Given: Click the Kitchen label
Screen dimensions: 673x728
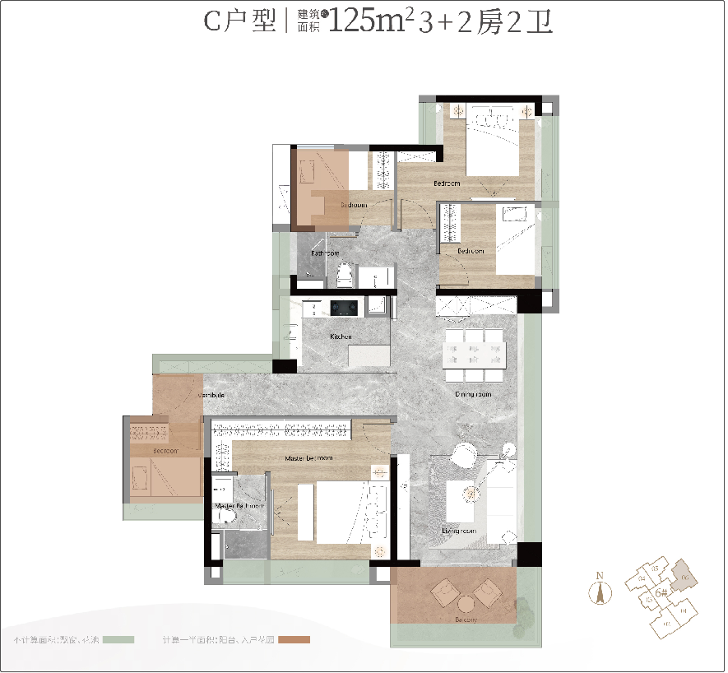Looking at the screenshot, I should click(341, 336).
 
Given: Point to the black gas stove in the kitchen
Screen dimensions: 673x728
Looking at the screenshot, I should click(343, 308).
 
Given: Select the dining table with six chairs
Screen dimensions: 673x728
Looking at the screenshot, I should click(473, 355).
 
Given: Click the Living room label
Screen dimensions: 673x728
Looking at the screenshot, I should click(459, 531).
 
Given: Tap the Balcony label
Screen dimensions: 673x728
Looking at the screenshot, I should click(466, 620).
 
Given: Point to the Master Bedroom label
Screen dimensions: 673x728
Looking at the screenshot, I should click(308, 457).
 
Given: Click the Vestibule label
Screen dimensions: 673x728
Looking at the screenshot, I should click(211, 396).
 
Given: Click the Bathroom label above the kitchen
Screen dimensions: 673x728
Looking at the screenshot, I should click(324, 253).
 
